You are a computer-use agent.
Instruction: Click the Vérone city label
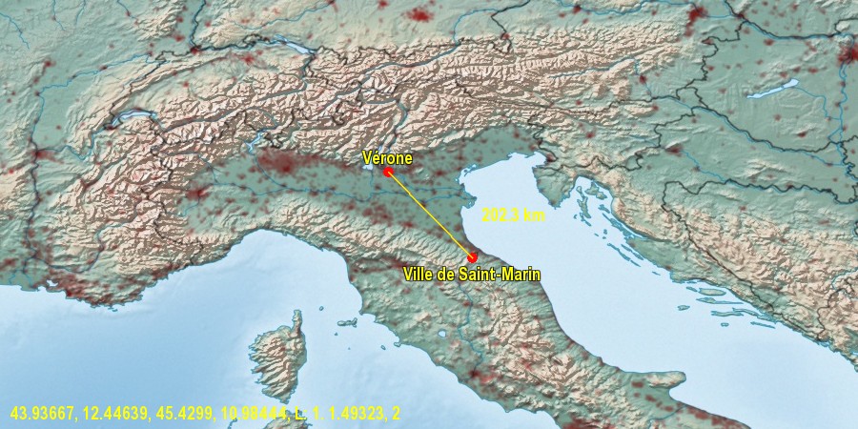pos(387,158)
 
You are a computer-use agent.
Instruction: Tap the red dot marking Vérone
pos(388,173)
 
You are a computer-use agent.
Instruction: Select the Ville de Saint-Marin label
pos(471,275)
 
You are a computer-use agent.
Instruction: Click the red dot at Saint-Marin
pos(472,257)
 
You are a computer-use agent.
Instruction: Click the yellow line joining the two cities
pos(430,215)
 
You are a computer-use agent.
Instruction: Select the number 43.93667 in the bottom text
pos(40,413)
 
